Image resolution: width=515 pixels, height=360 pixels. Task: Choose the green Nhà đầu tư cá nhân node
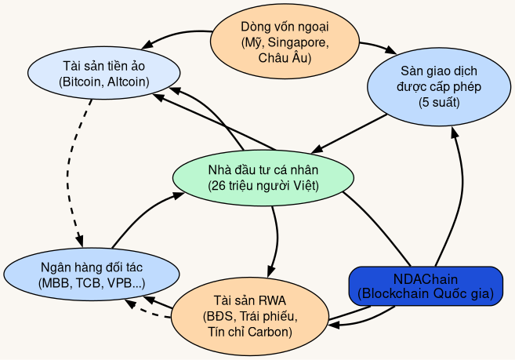[x=263, y=178]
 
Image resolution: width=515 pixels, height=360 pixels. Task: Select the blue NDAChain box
[x=425, y=286]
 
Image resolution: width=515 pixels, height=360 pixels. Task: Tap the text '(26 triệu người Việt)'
[x=263, y=186]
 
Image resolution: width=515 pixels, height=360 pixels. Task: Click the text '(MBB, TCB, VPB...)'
[x=90, y=283]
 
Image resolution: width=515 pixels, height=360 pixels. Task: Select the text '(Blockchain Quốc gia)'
[x=425, y=294]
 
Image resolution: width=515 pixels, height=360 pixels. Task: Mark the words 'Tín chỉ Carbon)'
[x=249, y=332]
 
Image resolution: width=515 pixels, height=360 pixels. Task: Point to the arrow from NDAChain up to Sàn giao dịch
[x=462, y=188]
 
